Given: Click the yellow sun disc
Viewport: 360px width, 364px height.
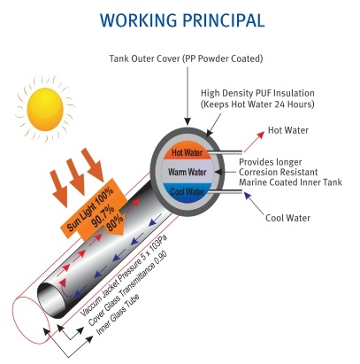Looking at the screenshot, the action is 45,109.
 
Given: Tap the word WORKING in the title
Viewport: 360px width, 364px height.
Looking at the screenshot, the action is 138,20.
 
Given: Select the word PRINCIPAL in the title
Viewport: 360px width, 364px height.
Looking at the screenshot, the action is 224,20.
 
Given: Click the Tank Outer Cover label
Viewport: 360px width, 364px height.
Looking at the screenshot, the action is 186,58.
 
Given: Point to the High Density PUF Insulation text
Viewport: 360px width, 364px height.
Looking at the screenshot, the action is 257,93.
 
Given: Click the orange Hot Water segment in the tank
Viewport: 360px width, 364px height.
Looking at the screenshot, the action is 187,152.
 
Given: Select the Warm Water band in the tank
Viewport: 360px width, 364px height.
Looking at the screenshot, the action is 187,172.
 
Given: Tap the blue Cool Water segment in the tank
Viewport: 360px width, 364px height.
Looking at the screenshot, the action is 188,192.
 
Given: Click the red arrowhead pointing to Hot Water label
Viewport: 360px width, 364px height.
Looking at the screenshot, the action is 260,136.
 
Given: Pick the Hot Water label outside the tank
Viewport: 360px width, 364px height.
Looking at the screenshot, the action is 288,130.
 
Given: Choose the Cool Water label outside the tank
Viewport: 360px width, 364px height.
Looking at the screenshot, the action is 287,218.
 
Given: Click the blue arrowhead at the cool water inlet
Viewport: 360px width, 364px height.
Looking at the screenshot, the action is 248,196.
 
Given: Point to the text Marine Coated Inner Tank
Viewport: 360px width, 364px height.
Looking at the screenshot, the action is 290,182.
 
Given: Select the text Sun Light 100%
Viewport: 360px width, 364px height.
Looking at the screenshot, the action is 90,210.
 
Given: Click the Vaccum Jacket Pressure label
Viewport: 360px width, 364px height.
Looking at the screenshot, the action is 124,275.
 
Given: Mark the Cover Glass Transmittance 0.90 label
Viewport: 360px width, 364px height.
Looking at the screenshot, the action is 127,289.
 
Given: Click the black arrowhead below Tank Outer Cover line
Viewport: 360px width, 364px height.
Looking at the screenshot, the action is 188,120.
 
